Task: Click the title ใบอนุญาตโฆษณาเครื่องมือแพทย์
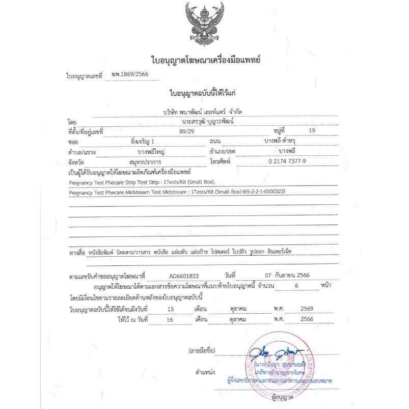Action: click(206, 60)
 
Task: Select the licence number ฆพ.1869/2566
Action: click(127, 74)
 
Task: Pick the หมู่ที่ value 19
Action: click(312, 131)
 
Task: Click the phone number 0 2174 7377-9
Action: click(280, 161)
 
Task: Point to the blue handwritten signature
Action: click(276, 352)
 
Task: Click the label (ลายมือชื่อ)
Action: click(202, 351)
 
